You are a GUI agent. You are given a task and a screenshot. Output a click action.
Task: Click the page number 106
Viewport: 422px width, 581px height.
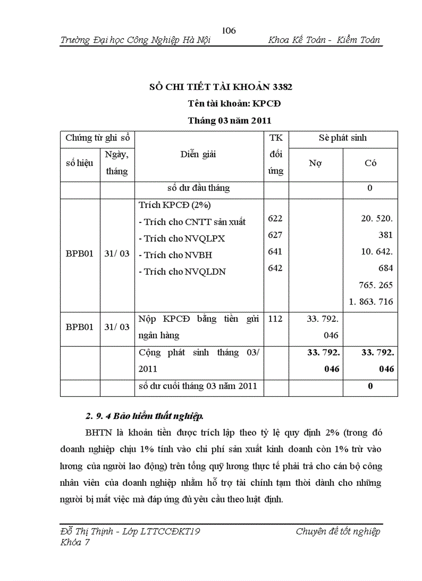point(229,31)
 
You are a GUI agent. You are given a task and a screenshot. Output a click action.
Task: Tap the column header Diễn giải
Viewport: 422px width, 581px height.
point(199,154)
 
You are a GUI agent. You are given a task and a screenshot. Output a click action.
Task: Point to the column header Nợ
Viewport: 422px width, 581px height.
point(315,163)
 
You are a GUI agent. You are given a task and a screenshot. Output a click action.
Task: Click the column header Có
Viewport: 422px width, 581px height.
point(370,163)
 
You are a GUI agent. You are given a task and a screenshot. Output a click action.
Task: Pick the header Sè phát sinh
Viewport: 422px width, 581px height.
point(343,138)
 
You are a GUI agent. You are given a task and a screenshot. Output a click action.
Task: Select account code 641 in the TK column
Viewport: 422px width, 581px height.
point(275,251)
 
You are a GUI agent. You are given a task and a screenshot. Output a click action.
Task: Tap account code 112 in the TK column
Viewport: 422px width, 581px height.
point(275,319)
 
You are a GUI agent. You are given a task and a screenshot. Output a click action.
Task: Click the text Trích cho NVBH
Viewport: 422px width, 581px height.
point(178,255)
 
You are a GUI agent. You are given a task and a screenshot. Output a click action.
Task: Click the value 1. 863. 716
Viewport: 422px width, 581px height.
point(371,302)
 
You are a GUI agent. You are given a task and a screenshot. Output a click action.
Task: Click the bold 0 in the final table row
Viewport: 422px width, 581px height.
point(370,386)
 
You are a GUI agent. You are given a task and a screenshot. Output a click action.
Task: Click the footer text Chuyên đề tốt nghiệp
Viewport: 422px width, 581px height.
point(338,532)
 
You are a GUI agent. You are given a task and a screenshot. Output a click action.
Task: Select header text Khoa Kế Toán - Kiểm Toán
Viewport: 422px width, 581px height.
point(324,40)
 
